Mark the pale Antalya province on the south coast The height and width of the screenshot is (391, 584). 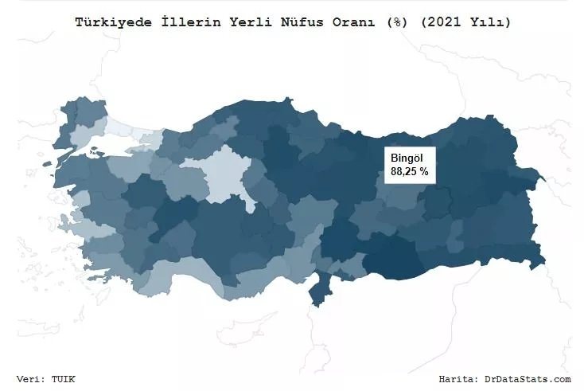click(x=171, y=275)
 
